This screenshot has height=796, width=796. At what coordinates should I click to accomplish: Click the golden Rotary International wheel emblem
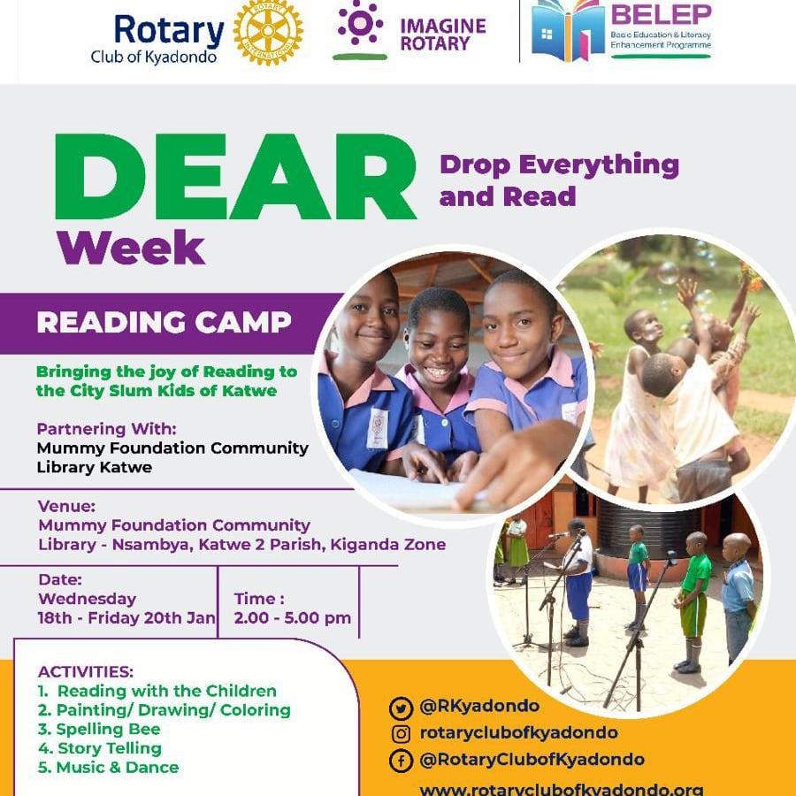[268, 32]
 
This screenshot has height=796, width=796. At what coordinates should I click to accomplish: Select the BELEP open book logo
[568, 30]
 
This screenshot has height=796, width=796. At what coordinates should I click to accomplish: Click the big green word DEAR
[235, 176]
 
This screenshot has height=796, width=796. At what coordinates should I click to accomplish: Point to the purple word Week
[131, 248]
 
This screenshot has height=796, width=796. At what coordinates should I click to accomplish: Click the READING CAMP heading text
[164, 322]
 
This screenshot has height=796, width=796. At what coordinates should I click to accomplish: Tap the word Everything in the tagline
[599, 166]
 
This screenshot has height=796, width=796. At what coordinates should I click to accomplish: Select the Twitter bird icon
[401, 708]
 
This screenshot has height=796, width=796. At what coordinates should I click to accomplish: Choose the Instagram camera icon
[401, 734]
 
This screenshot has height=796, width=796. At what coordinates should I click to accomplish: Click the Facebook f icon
[401, 761]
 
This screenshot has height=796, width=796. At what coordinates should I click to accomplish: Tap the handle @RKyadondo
[479, 706]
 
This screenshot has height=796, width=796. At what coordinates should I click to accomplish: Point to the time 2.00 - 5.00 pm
[293, 618]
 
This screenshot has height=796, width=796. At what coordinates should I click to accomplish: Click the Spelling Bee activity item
[99, 729]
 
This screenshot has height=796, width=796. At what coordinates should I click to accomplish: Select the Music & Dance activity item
[108, 767]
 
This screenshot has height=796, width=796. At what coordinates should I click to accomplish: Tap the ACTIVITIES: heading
[85, 671]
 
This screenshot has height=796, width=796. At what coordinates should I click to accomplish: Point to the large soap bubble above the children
[668, 273]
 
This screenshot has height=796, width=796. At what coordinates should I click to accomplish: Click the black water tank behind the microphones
[650, 528]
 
